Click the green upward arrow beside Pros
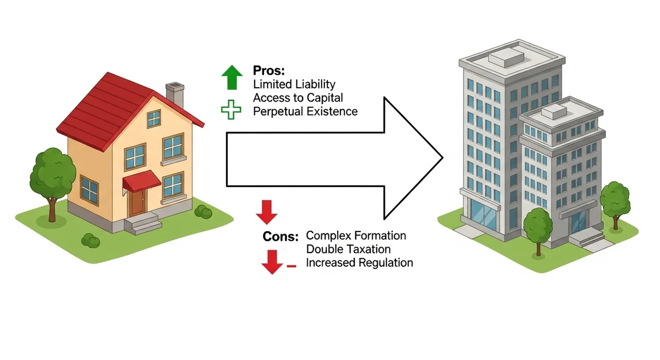[x=232, y=77]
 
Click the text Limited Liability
[x=294, y=84]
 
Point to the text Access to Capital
[x=298, y=97]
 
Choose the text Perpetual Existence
[x=305, y=111]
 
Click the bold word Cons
[x=280, y=237]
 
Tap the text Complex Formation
[x=356, y=236]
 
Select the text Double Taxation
[x=348, y=249]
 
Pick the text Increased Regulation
[x=359, y=263]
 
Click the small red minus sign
[x=291, y=266]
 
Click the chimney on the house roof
[x=175, y=95]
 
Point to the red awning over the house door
[x=141, y=182]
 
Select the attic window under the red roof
[x=154, y=119]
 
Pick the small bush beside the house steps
[x=203, y=211]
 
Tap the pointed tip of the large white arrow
[x=441, y=158]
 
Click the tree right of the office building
[x=616, y=199]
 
